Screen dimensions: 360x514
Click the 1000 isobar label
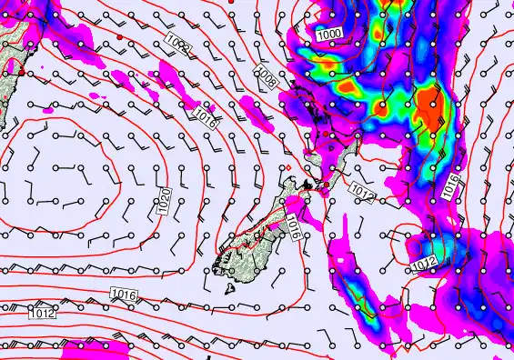(330, 33)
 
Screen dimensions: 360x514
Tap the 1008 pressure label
(267, 76)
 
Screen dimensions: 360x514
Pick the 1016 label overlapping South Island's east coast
(293, 226)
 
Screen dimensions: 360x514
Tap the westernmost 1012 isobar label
(42, 314)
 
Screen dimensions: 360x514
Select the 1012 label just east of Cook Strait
(362, 193)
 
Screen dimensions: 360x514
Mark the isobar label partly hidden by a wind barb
(178, 43)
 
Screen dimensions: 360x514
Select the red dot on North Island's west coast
(318, 134)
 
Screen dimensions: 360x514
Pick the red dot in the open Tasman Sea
(119, 36)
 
